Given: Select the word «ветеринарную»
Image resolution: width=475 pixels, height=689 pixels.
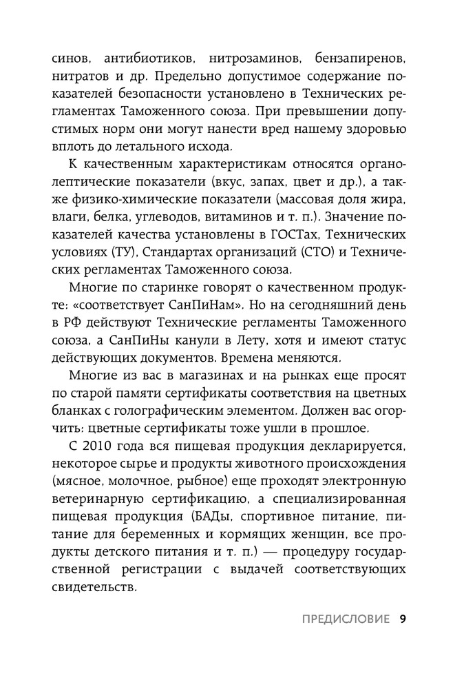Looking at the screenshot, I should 103,519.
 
